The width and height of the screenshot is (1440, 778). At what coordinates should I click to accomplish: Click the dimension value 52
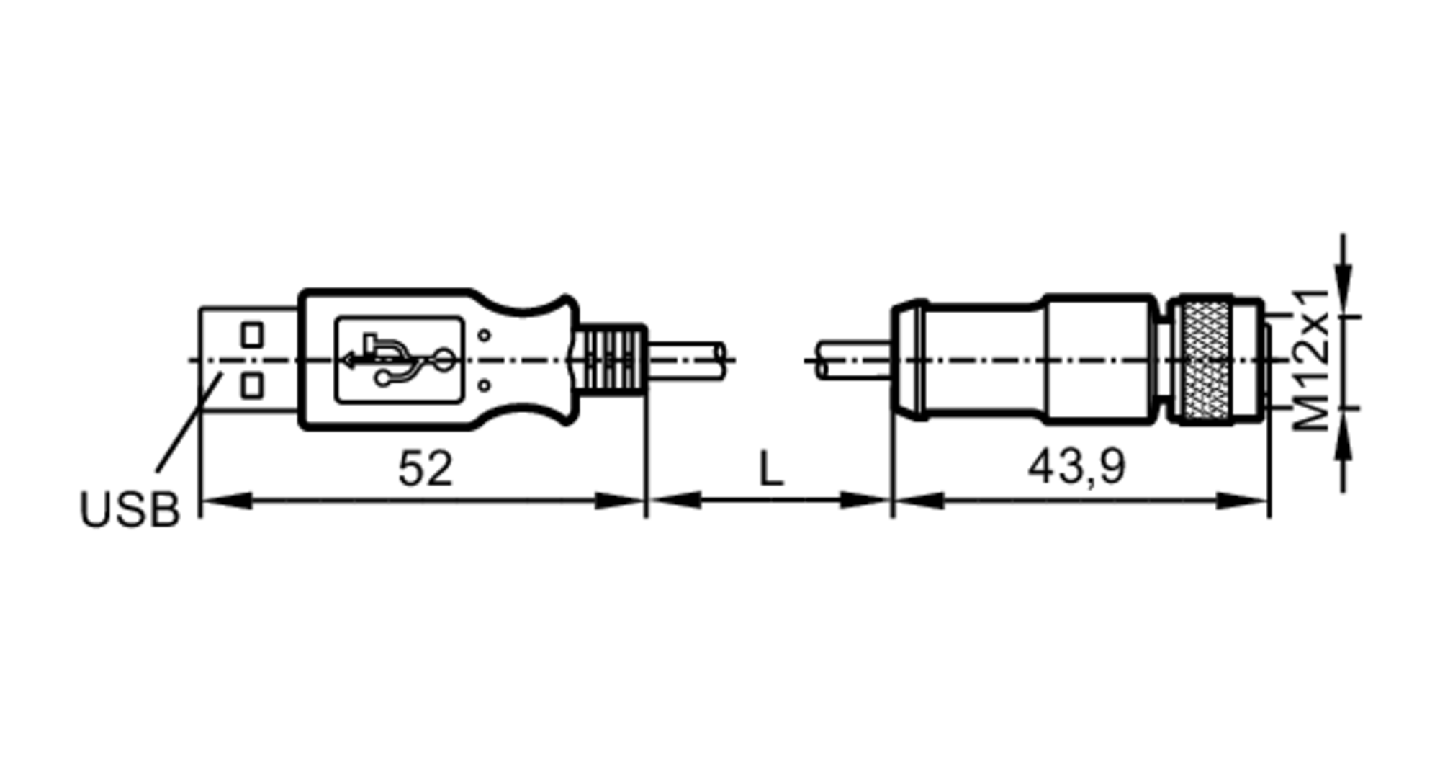coord(425,469)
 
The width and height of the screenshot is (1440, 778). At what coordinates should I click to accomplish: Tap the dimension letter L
coord(770,469)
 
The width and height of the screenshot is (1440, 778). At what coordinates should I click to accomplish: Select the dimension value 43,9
coord(1076,467)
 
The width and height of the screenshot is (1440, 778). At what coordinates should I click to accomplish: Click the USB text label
coord(130,510)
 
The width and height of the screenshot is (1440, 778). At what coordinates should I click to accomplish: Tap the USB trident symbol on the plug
coord(400,359)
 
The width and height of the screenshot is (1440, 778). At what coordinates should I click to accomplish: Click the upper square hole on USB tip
coord(251,335)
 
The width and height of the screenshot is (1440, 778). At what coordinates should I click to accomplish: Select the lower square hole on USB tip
coord(251,386)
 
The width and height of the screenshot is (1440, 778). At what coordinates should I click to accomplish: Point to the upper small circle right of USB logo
coord(485,335)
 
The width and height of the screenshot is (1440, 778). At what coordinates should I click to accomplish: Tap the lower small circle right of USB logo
coord(485,386)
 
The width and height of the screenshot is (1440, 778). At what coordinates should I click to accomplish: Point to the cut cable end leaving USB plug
coord(691,359)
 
